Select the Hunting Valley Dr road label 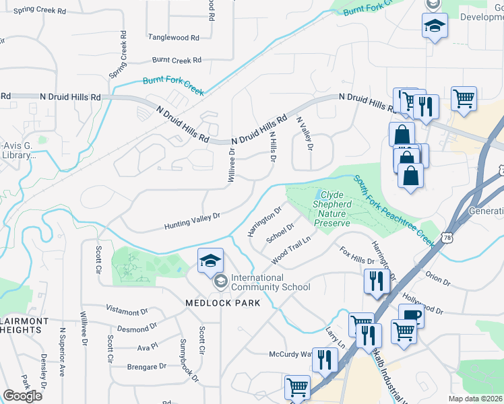coord(192,222)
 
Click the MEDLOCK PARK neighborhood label coord(222,303)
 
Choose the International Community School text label coord(270,282)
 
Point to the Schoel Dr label coord(280,232)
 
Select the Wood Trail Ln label coord(290,250)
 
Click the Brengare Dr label coord(146,367)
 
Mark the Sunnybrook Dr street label coord(189,366)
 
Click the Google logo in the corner coord(22,395)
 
